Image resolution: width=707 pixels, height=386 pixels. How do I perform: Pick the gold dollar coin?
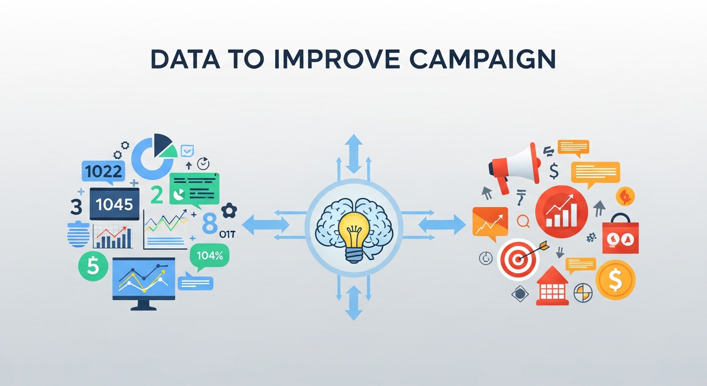[615, 280]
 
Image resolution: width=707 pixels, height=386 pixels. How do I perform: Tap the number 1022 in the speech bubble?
[103, 172]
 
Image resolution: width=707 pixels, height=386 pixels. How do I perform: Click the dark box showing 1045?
[114, 204]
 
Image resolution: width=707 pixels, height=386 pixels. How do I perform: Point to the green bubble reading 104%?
[209, 256]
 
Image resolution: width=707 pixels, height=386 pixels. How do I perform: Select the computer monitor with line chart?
[144, 279]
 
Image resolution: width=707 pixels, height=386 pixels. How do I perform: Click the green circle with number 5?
[93, 266]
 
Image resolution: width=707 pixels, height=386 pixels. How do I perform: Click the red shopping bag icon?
[620, 235]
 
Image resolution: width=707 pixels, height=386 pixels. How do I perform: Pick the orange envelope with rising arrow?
[490, 223]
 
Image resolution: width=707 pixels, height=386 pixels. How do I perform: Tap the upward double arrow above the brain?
[353, 154]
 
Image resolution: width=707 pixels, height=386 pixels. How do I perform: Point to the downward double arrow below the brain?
[353, 303]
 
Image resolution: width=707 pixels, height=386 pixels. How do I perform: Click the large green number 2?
[157, 195]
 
